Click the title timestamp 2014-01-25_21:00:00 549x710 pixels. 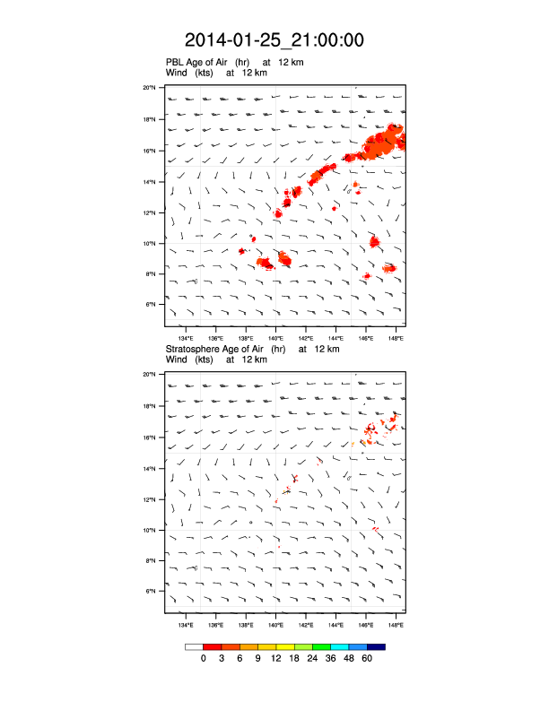(274, 40)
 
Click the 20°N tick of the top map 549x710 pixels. (150, 88)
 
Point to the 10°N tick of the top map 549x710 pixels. (150, 243)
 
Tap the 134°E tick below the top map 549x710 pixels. (186, 339)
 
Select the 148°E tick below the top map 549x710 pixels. (396, 339)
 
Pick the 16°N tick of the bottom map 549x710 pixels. (150, 437)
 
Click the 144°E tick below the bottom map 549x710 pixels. (336, 625)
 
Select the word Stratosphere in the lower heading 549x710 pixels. (194, 349)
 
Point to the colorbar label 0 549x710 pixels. (204, 659)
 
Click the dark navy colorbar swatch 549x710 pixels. (377, 646)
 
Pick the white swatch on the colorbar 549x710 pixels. (194, 646)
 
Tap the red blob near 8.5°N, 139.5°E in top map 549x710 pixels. (266, 263)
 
